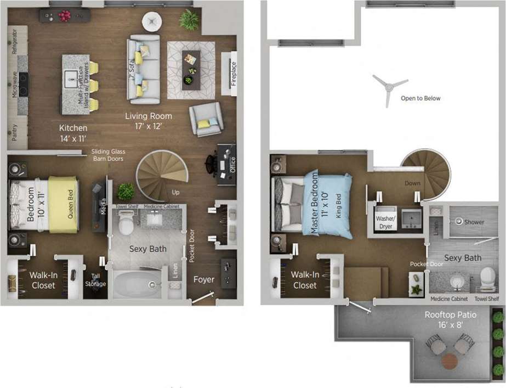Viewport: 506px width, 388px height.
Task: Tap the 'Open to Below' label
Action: click(420, 99)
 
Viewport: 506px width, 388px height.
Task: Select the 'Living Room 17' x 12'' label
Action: click(148, 120)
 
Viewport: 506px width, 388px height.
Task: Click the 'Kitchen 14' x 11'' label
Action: click(73, 132)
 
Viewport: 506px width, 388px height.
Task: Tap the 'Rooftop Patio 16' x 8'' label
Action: click(450, 319)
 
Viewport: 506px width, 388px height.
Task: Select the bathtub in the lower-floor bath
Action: click(136, 284)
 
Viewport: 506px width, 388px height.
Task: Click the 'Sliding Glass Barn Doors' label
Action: click(108, 155)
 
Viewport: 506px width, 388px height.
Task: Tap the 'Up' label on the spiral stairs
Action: click(175, 193)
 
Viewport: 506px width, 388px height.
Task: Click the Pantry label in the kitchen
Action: click(15, 132)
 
